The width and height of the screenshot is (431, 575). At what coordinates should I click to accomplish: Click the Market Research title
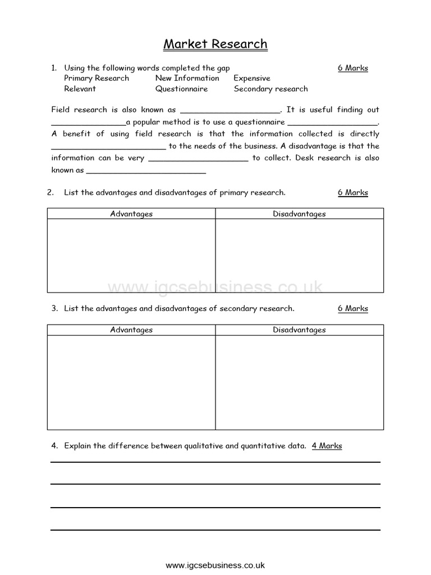[x=215, y=44]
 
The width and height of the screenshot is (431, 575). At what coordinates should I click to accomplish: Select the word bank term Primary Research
[x=97, y=78]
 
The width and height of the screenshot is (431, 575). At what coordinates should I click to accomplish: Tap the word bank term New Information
[x=187, y=78]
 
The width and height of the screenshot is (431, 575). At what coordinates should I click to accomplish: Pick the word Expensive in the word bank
[x=252, y=78]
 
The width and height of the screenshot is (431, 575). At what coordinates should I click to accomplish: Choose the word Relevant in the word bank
[x=80, y=89]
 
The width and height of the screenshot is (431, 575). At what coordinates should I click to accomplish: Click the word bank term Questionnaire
[x=181, y=89]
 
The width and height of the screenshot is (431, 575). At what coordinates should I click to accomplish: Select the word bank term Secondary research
[x=270, y=89]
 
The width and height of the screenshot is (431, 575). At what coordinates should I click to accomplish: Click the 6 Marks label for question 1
[x=352, y=68]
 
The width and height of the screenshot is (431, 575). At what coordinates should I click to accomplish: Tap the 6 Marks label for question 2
[x=352, y=193]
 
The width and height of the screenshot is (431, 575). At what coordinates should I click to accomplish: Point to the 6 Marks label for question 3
[x=352, y=308]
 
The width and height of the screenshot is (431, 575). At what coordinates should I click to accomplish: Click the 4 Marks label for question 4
[x=327, y=446]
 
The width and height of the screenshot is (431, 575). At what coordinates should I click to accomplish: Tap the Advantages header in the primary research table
[x=131, y=214]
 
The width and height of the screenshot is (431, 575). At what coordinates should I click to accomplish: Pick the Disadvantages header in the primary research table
[x=299, y=214]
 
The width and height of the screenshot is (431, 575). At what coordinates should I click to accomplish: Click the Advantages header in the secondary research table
[x=131, y=330]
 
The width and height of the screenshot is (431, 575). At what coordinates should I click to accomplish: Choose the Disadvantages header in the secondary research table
[x=299, y=330]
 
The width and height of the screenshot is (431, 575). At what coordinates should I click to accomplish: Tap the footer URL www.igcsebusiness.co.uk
[x=215, y=565]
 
